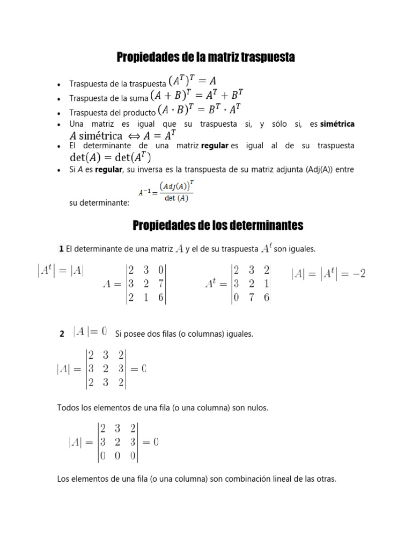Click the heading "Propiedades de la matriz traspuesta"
[x=206, y=57]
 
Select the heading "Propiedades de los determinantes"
[x=218, y=225]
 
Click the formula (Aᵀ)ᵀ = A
[x=193, y=81]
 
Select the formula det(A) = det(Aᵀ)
[x=111, y=157]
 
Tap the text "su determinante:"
[x=99, y=204]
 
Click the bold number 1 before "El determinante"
[x=62, y=249]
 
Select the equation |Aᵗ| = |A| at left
[x=61, y=271]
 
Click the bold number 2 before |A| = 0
[x=62, y=334]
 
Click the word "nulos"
[x=257, y=408]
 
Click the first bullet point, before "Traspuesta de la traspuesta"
[x=58, y=85]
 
